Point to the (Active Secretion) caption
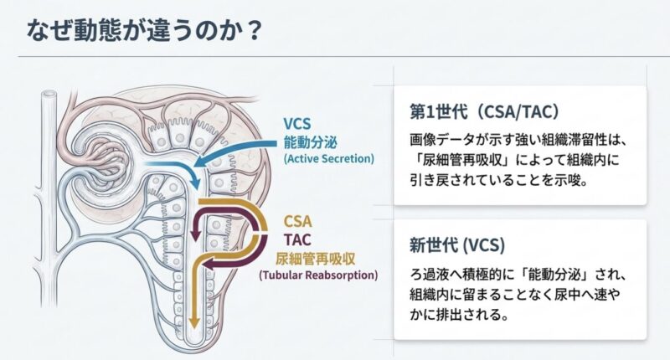point(329,158)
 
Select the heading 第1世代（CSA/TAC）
point(484,111)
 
